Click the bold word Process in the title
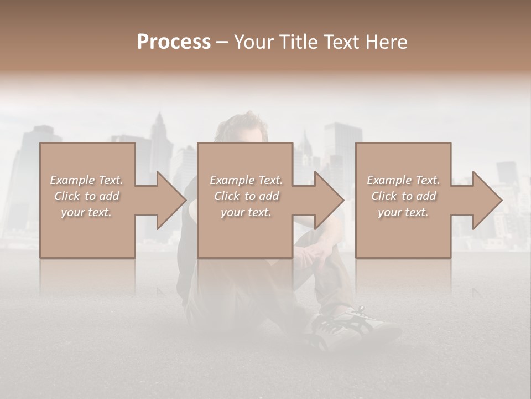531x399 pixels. pyautogui.click(x=174, y=42)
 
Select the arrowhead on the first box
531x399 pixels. pyautogui.click(x=169, y=200)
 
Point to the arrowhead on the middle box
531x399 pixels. pyautogui.click(x=327, y=200)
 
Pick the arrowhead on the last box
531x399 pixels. pyautogui.click(x=485, y=200)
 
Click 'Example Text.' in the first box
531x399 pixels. pyautogui.click(x=86, y=180)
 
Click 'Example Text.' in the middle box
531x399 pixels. pyautogui.click(x=246, y=180)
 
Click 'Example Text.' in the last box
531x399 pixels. pyautogui.click(x=403, y=180)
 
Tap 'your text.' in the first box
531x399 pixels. pyautogui.click(x=86, y=212)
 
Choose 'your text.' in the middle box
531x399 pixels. pyautogui.click(x=246, y=212)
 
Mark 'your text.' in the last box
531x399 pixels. pyautogui.click(x=403, y=212)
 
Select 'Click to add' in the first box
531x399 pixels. pyautogui.click(x=86, y=196)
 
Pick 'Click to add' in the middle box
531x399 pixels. pyautogui.click(x=246, y=196)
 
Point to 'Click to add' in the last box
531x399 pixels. pyautogui.click(x=403, y=196)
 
